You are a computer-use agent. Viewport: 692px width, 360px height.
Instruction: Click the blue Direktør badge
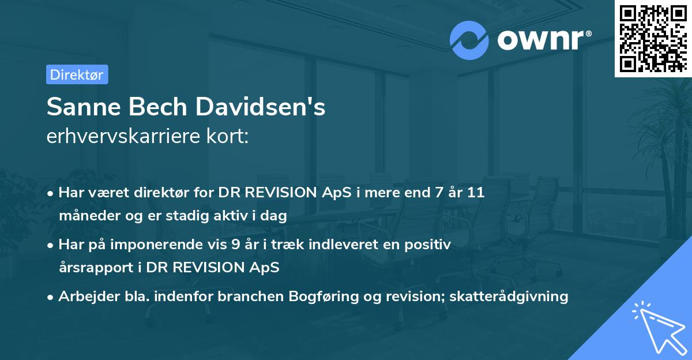pos(77,74)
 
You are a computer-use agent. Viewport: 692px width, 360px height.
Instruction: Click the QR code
pos(652,37)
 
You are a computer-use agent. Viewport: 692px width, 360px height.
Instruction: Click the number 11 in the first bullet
pos(476,193)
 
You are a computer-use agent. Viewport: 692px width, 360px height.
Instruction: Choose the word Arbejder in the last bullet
pos(84,297)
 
